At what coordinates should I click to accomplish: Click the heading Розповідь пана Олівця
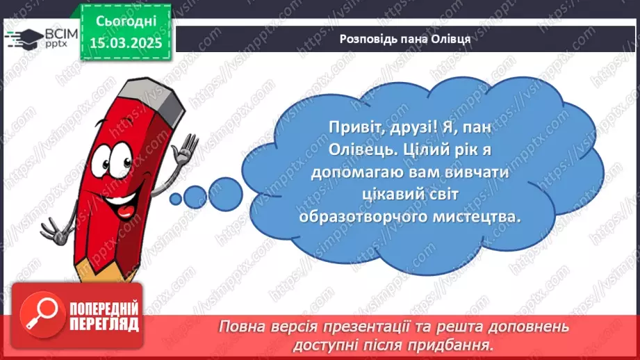tap(405, 38)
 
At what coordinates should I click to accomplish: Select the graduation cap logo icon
tap(23, 37)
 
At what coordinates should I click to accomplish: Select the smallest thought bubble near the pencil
tap(176, 197)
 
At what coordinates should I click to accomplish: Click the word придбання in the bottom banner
tap(451, 344)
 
